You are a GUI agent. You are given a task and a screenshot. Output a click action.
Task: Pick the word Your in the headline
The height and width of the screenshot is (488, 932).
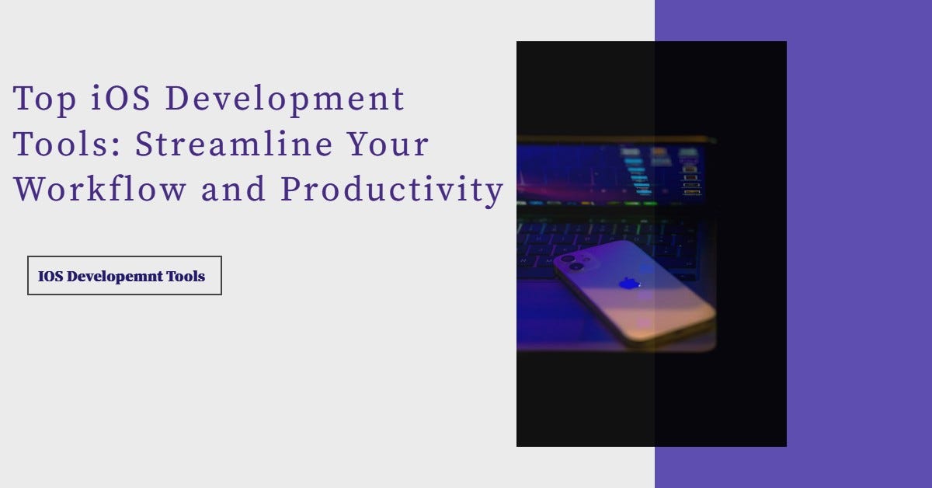coord(388,145)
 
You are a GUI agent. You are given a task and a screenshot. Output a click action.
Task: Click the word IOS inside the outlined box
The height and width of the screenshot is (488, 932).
coord(50,276)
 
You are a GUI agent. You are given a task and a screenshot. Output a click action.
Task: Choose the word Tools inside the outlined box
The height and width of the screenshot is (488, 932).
coord(186,276)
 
